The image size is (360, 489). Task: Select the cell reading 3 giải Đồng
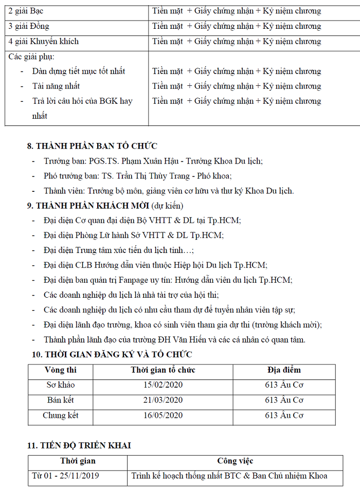pyautogui.click(x=29, y=26)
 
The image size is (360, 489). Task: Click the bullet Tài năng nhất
pyautogui.click(x=56, y=86)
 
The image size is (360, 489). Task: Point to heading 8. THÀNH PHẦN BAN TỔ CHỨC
pyautogui.click(x=92, y=147)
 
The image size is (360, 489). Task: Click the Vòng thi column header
pyautogui.click(x=61, y=370)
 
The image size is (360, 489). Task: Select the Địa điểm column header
pyautogui.click(x=284, y=370)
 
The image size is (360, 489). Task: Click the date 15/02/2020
pyautogui.click(x=163, y=385)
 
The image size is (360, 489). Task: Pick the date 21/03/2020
pyautogui.click(x=163, y=400)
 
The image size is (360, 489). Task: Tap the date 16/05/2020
pyautogui.click(x=163, y=415)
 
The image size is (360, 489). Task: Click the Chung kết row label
pyautogui.click(x=61, y=415)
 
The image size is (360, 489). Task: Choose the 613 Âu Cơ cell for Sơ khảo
pyautogui.click(x=284, y=385)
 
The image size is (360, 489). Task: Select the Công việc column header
pyautogui.click(x=235, y=461)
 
